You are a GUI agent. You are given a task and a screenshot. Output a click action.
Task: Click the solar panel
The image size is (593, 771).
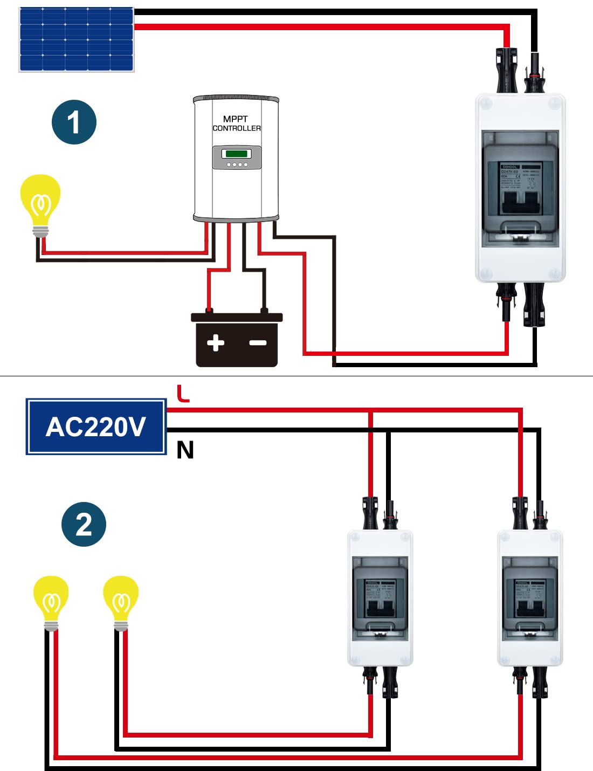(x=76, y=39)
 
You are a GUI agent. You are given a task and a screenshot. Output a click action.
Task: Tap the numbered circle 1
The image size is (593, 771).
(x=74, y=122)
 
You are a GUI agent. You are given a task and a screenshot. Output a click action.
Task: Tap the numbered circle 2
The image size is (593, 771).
(x=84, y=524)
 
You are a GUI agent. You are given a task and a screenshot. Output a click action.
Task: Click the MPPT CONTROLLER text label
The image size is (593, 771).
(x=236, y=123)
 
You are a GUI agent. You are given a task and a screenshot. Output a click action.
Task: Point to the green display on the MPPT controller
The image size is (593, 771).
(x=237, y=154)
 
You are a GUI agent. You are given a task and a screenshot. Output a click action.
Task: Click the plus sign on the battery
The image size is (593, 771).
(x=216, y=343)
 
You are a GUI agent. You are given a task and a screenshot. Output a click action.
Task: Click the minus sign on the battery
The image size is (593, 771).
(x=258, y=343)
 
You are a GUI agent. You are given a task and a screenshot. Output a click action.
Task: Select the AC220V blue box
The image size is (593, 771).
(x=96, y=427)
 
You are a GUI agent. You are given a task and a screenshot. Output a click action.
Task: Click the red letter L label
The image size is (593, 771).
(x=183, y=393)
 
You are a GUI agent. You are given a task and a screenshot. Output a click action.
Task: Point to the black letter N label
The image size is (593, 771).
(x=185, y=450)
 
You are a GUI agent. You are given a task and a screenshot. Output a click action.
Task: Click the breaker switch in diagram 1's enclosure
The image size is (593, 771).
(x=520, y=202)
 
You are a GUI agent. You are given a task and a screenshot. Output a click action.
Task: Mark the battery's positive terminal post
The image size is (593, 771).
(x=209, y=311)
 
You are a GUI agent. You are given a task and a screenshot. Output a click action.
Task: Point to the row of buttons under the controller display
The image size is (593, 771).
(x=237, y=164)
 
